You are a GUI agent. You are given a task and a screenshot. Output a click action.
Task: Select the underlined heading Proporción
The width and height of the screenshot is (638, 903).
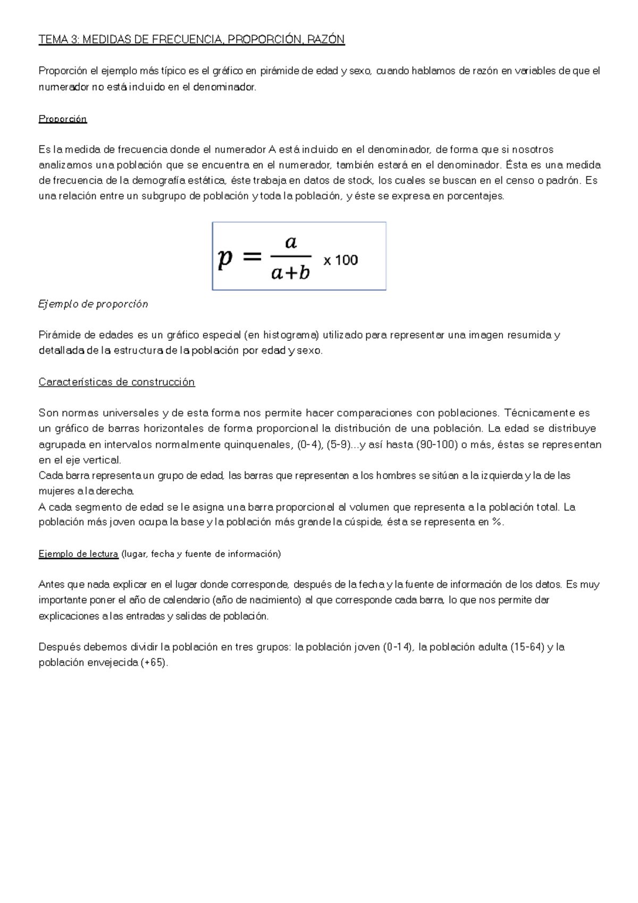pos(62,119)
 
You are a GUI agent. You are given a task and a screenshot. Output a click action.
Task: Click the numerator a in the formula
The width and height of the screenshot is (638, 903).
pos(291,243)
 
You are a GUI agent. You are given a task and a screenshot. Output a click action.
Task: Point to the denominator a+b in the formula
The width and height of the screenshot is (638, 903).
pos(290,273)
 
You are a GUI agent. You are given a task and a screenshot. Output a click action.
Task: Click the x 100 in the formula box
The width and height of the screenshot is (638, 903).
pos(341,260)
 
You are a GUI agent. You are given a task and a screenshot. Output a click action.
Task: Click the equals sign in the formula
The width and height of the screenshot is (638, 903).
pos(252,258)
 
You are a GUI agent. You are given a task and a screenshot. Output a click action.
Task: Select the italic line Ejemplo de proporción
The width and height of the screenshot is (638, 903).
pos(93,304)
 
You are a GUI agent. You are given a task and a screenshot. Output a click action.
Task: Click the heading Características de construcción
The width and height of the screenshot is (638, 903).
pos(116,382)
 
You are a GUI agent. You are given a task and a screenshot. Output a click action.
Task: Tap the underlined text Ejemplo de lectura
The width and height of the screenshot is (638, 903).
pos(78,554)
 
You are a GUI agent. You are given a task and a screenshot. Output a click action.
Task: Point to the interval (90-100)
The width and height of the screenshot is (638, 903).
pos(439,445)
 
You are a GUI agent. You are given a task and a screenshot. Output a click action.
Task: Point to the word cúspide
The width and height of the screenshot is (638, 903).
pos(364,522)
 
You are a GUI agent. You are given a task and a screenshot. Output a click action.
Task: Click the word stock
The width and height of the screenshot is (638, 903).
pos(360,181)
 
